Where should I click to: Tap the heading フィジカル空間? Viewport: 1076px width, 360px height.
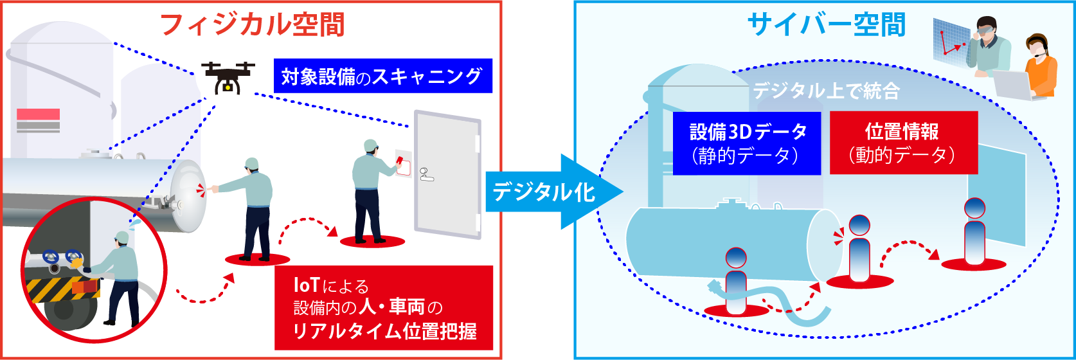pos(252,24)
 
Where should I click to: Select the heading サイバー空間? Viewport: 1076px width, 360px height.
pos(826,24)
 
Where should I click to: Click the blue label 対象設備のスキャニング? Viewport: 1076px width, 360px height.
pos(382,76)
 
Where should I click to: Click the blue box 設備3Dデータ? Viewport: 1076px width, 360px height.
pos(747,143)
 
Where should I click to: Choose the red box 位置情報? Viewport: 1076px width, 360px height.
pos(903,143)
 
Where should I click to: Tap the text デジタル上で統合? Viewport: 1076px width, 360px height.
pos(826,91)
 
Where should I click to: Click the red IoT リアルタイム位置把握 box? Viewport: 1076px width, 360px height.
pos(384,308)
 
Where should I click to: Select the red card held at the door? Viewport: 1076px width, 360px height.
pos(400,159)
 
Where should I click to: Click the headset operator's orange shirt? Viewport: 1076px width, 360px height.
pos(1041,72)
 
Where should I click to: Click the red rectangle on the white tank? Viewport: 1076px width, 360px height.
pos(38,114)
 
